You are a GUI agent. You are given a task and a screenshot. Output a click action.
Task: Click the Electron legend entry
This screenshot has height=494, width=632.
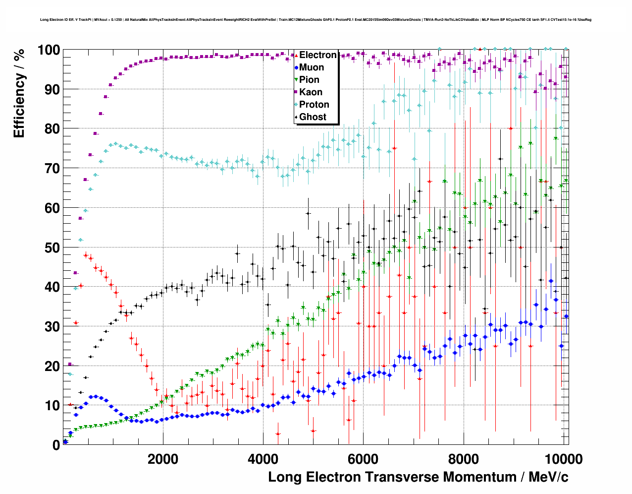(x=317, y=55)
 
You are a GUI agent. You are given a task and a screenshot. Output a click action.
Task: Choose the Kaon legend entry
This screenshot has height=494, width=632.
(x=311, y=92)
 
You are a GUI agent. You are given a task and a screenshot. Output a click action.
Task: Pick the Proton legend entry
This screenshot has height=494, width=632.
(x=314, y=105)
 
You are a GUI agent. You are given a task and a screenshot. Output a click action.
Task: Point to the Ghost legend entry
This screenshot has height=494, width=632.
(x=313, y=117)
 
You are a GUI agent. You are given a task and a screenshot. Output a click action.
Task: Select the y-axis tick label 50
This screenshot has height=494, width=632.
(x=52, y=247)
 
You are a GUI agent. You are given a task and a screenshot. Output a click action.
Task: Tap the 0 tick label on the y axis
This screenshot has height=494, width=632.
(x=56, y=445)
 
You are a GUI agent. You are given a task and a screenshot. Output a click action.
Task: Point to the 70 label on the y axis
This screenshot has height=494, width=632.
(x=52, y=169)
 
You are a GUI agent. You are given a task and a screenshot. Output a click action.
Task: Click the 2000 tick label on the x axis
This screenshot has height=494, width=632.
(x=163, y=459)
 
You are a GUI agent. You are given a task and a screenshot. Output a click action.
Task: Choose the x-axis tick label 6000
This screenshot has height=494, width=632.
(x=363, y=459)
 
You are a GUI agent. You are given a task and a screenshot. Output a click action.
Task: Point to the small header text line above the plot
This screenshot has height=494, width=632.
(x=316, y=20)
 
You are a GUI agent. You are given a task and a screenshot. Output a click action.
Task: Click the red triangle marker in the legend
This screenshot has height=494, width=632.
(x=296, y=55)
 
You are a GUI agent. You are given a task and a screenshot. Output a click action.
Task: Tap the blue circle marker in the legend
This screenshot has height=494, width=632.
(x=296, y=67)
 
